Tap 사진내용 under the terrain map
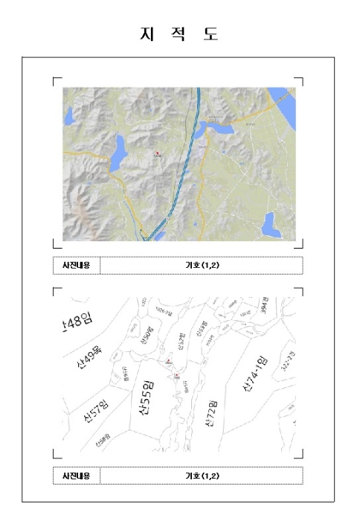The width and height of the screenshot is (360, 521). pyautogui.click(x=76, y=265)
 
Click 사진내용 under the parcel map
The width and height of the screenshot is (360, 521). pyautogui.click(x=76, y=476)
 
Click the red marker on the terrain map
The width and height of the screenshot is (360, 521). pyautogui.click(x=157, y=153)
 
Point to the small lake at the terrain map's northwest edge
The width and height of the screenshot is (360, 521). pyautogui.click(x=68, y=116)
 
